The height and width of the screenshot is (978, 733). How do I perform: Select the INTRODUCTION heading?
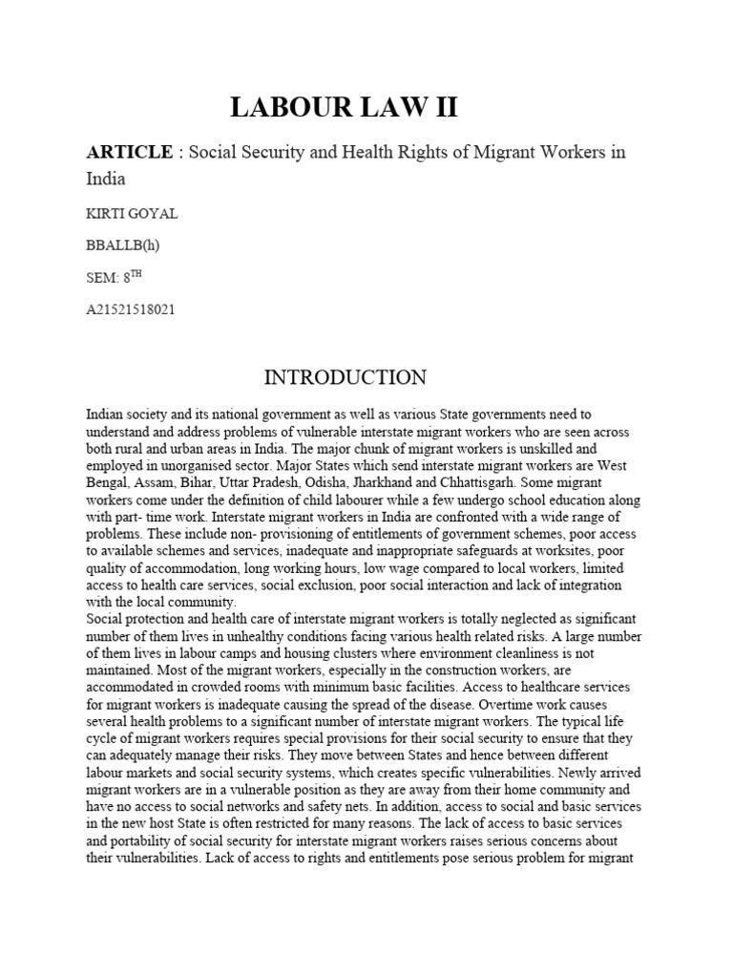pos(345,377)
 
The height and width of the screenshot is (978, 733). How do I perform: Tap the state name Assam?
pos(156,483)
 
